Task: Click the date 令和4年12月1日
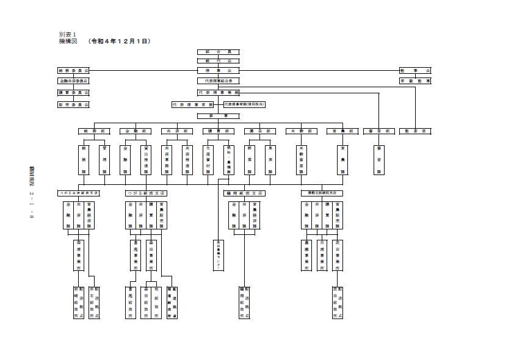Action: point(119,41)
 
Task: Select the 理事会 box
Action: point(218,71)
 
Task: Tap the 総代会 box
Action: point(218,61)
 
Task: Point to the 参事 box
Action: point(218,115)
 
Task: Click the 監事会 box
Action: point(415,71)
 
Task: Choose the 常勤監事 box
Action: point(415,81)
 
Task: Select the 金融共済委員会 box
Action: point(73,81)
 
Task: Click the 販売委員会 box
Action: point(73,104)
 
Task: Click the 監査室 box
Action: point(415,131)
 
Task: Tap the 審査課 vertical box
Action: point(379,160)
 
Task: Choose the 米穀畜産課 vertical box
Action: point(301,160)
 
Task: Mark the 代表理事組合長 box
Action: point(218,81)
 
